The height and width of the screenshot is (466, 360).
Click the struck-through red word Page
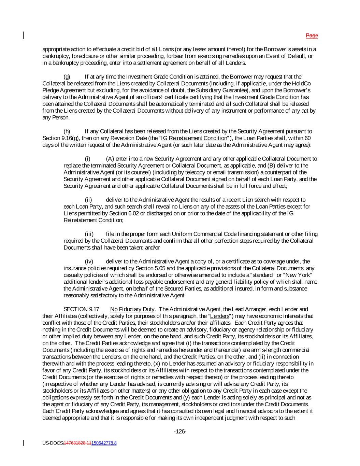pyautogui.click(x=312, y=36)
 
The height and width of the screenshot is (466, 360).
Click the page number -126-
pyautogui.click(x=180, y=432)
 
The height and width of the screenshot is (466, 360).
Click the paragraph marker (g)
pyautogui.click(x=67, y=76)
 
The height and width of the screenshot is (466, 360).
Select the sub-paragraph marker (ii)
pyautogui.click(x=88, y=200)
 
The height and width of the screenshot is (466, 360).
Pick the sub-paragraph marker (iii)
pyautogui.click(x=89, y=234)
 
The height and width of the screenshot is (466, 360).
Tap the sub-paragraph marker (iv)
pyautogui.click(x=89, y=262)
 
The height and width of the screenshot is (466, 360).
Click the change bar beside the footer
pyautogui.click(x=24, y=443)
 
